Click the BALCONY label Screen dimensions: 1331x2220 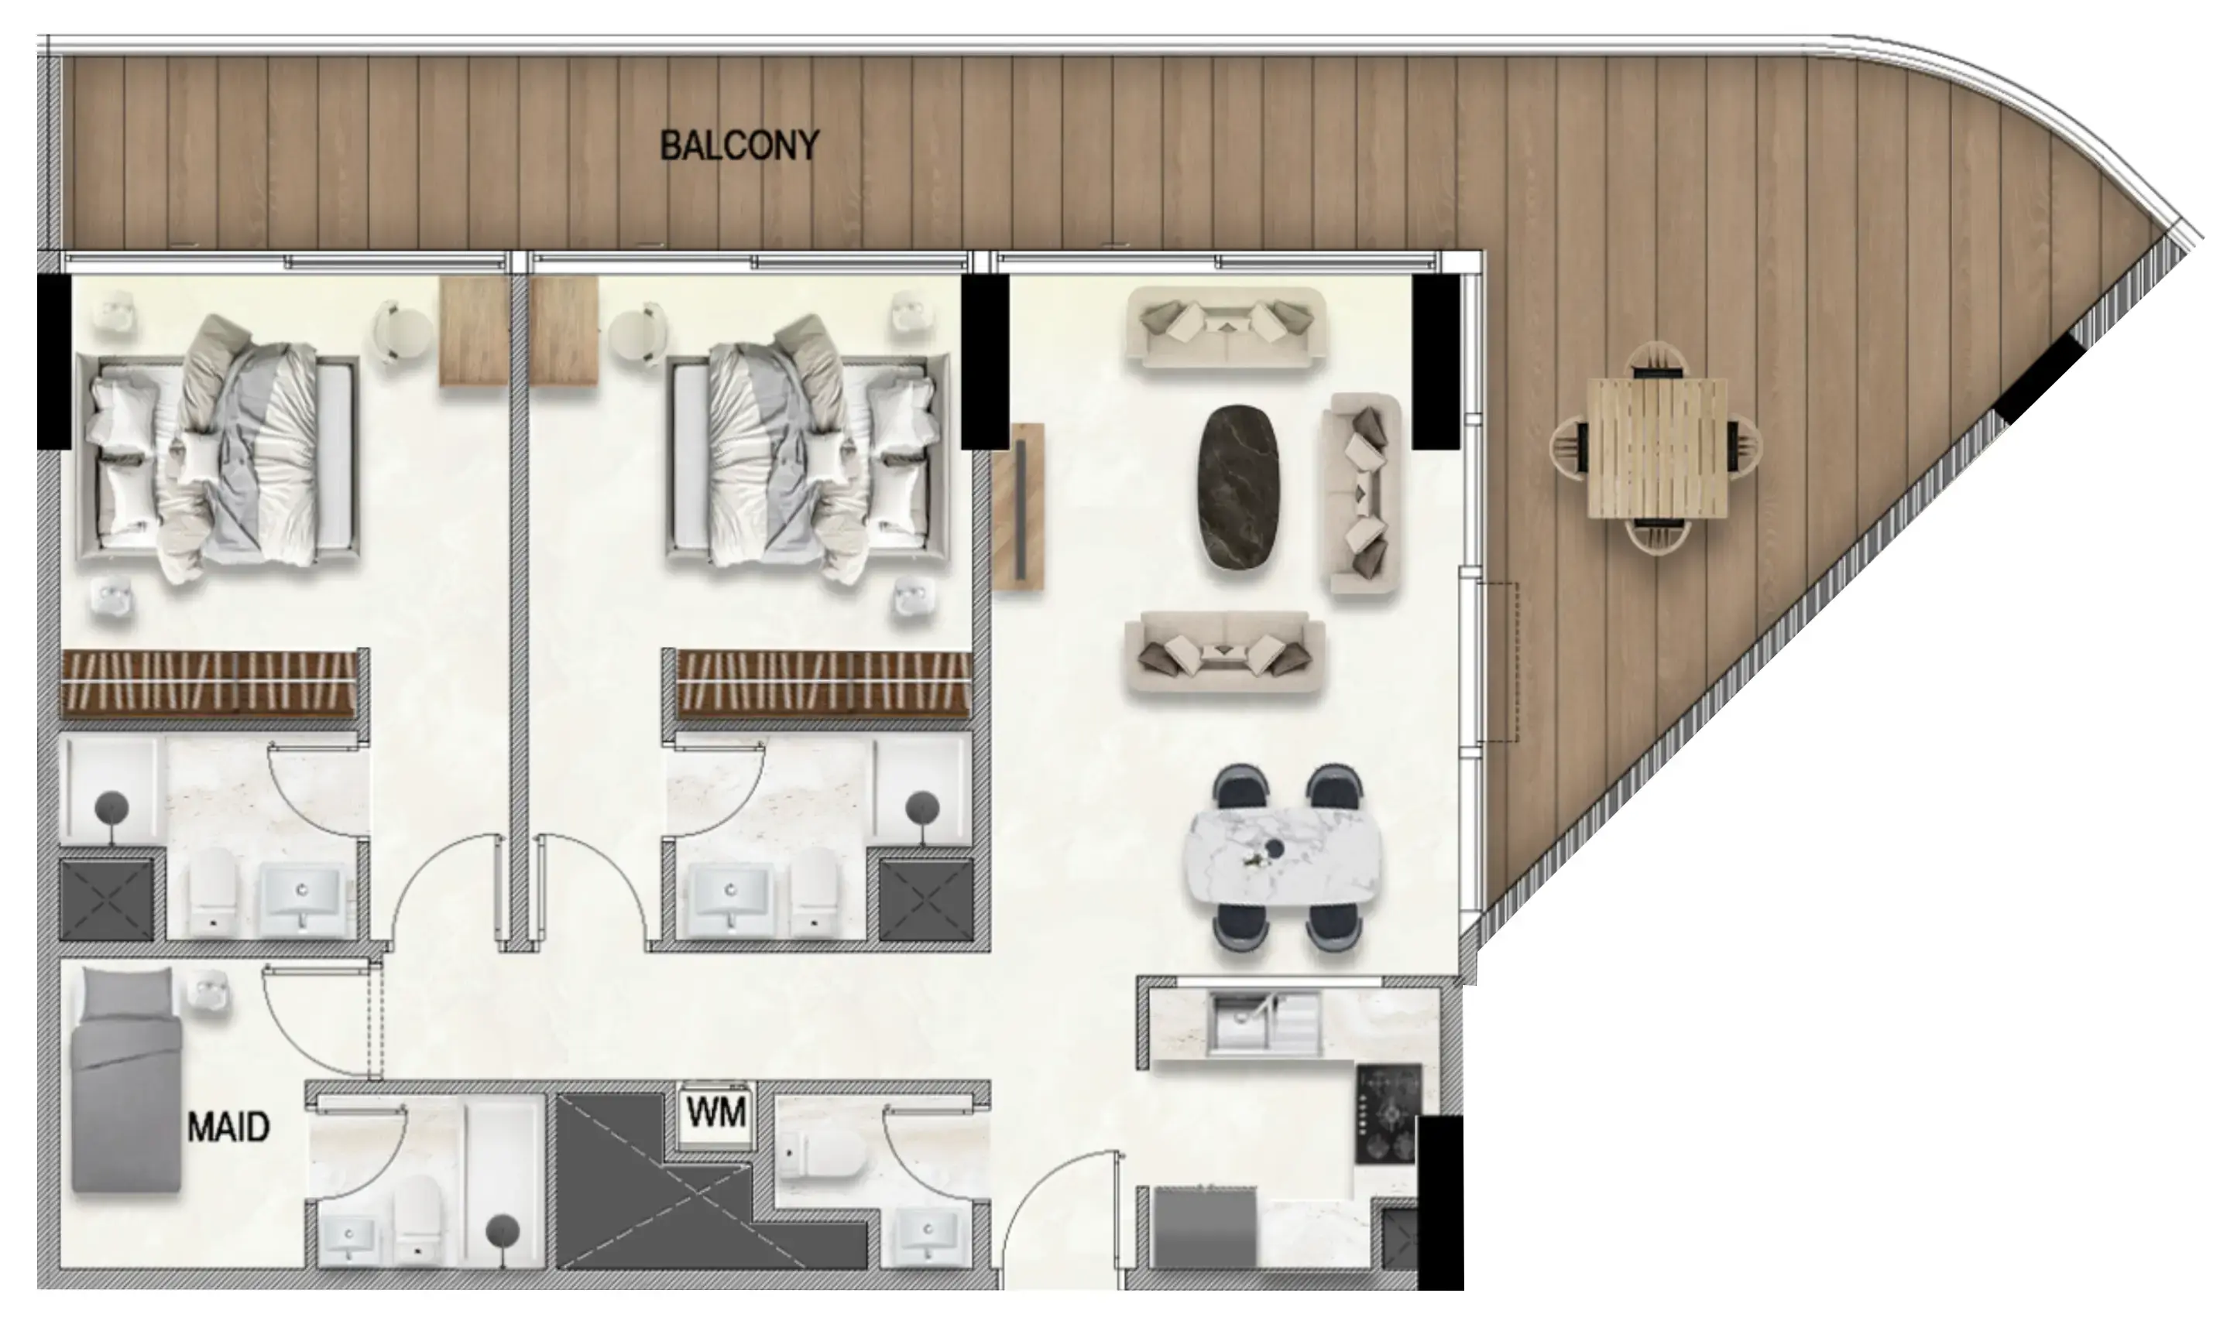739,145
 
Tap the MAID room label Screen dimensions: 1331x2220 228,1127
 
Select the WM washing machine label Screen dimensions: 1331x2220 716,1113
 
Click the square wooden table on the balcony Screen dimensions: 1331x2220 1656,449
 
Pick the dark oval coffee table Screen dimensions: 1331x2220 1238,486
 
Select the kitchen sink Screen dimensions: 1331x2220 1264,1023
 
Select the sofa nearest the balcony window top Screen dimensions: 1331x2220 1226,327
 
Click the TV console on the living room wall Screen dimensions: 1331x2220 1019,508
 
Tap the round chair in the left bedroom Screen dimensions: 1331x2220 400,331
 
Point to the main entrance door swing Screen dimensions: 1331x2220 1063,1220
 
